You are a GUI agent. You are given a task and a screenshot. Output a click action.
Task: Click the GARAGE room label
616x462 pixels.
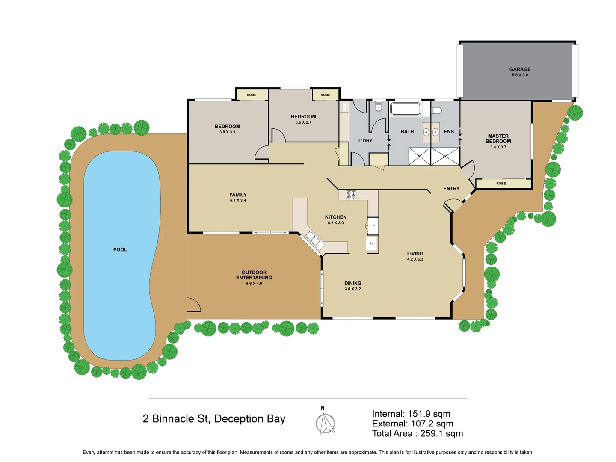(520, 69)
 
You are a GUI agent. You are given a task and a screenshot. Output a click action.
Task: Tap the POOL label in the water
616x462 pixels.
(120, 249)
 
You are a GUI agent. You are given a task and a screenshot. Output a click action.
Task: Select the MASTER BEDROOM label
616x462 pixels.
(498, 139)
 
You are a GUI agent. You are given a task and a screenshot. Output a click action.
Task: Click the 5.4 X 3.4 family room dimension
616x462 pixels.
(238, 201)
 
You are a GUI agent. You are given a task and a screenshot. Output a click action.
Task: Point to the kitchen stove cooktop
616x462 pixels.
(351, 195)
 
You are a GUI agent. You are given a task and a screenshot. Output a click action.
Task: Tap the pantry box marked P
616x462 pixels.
(373, 226)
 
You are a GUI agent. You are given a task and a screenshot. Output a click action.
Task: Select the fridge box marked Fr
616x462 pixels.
(371, 244)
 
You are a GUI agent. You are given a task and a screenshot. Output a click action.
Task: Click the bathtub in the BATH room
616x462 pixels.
(406, 109)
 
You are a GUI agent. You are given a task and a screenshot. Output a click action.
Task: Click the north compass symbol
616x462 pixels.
(325, 423)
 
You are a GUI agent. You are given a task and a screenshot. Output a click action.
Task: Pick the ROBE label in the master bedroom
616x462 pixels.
(501, 184)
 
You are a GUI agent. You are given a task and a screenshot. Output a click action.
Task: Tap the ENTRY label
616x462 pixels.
(451, 189)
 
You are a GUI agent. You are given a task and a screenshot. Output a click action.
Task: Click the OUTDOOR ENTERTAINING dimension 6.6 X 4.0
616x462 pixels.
(254, 284)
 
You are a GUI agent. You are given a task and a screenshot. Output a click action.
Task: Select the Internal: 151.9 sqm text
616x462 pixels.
(411, 414)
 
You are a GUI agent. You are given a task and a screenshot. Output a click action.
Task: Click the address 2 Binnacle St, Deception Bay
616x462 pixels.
(214, 419)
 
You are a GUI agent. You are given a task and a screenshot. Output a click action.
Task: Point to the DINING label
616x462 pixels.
(353, 283)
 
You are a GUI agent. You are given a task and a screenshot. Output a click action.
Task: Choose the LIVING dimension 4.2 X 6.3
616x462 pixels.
(415, 259)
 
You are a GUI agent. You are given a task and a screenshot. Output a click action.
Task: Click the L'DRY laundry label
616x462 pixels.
(365, 141)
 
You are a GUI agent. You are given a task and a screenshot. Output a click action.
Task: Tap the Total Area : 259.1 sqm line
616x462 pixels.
(418, 433)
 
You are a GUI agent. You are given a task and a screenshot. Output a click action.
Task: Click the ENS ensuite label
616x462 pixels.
(449, 132)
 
